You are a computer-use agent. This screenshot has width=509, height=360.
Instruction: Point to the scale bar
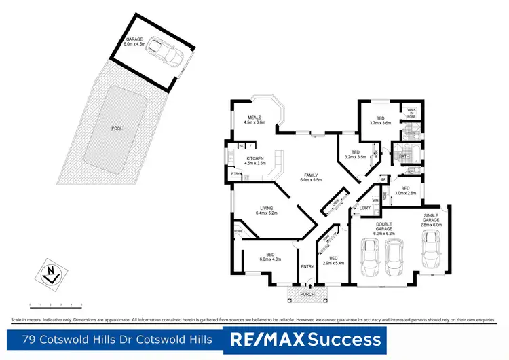pyautogui.click(x=55, y=305)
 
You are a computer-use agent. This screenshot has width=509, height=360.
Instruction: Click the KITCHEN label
pyautogui.click(x=254, y=162)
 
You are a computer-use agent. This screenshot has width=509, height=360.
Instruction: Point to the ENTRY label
pyautogui.click(x=307, y=266)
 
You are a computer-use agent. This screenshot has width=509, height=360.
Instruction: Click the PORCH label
pyautogui.click(x=307, y=294)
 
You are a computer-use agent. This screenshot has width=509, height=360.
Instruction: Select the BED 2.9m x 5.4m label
pyautogui.click(x=333, y=260)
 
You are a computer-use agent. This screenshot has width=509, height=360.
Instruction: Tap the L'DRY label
pyautogui.click(x=364, y=208)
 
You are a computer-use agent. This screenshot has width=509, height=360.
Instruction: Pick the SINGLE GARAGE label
pyautogui.click(x=431, y=221)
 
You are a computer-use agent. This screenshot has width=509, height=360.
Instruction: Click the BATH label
pyautogui.click(x=404, y=156)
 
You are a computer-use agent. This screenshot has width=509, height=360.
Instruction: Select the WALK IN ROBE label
pyautogui.click(x=411, y=113)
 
